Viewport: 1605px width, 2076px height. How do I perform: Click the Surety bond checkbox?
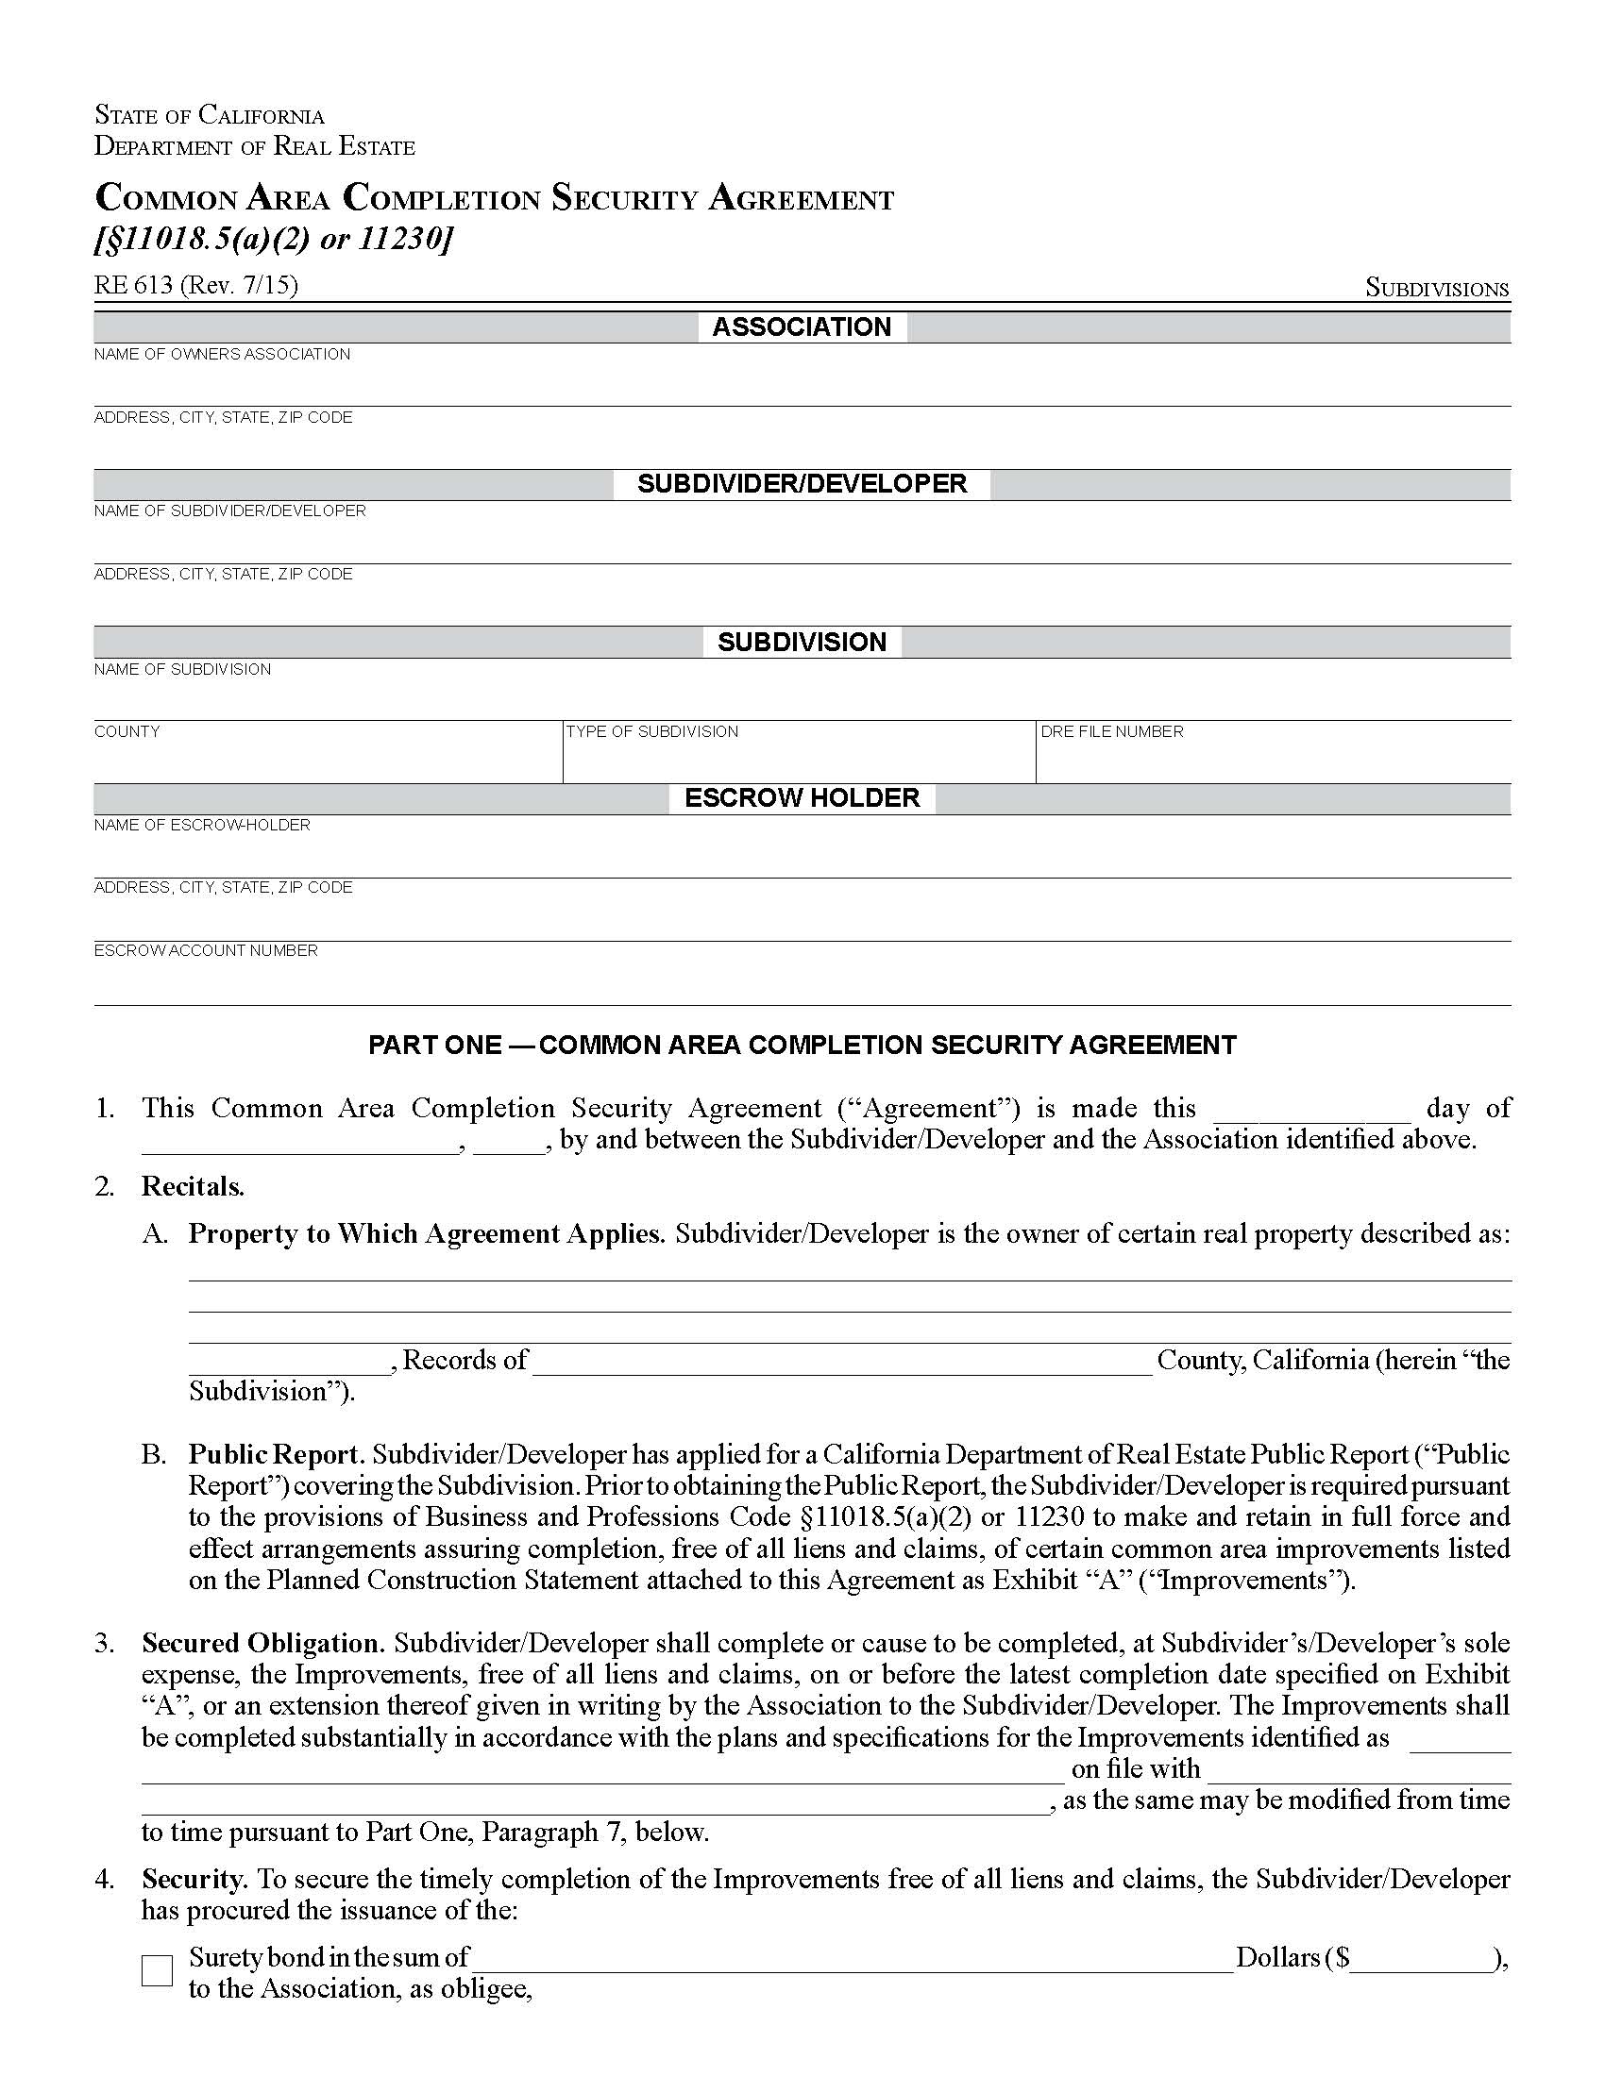pyautogui.click(x=157, y=1970)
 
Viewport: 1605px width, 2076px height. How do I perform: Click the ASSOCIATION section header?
pyautogui.click(x=802, y=327)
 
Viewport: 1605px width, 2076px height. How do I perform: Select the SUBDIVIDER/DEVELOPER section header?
pyautogui.click(x=802, y=484)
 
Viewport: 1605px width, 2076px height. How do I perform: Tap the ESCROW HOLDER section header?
pyautogui.click(x=802, y=797)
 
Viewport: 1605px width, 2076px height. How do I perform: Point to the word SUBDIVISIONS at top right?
pyautogui.click(x=1437, y=288)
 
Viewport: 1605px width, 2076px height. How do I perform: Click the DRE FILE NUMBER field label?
pyautogui.click(x=1111, y=731)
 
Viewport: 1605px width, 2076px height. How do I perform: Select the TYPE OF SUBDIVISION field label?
pyautogui.click(x=651, y=731)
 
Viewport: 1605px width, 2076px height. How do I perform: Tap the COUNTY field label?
pyautogui.click(x=127, y=731)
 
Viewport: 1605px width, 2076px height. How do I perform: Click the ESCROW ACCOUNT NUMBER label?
pyautogui.click(x=206, y=950)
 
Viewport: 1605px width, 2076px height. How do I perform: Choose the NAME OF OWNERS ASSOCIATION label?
pyautogui.click(x=222, y=354)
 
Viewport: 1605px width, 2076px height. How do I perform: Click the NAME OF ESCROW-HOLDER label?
pyautogui.click(x=202, y=825)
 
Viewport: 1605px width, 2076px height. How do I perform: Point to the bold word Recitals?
pyautogui.click(x=193, y=1186)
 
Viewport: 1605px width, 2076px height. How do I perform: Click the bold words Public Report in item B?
pyautogui.click(x=276, y=1454)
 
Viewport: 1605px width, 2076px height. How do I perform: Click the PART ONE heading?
pyautogui.click(x=802, y=1045)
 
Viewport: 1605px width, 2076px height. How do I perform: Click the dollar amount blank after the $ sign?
pyautogui.click(x=1421, y=1957)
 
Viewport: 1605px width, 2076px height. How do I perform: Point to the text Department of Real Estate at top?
pyautogui.click(x=254, y=146)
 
